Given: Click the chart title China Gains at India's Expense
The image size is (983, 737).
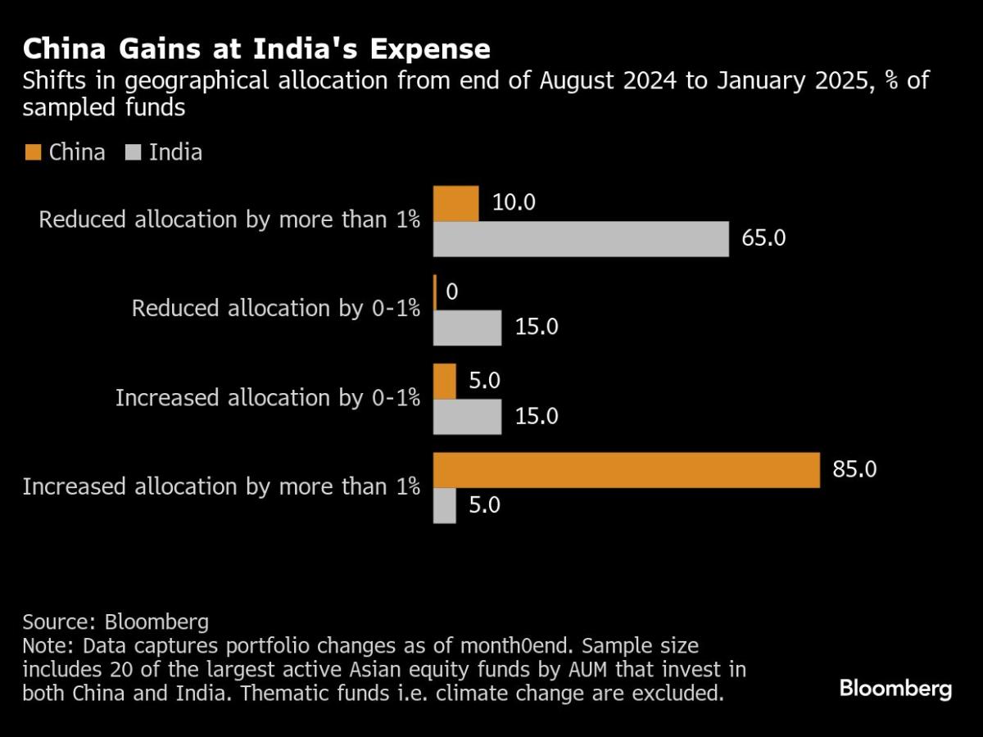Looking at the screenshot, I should tap(256, 49).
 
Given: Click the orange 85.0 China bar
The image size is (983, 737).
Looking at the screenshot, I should tap(626, 470).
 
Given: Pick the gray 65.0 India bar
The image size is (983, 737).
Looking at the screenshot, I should tap(580, 239).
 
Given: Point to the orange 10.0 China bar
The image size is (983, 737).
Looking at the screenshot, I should tap(455, 204).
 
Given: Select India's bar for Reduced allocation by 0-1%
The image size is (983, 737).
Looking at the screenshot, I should tap(467, 328).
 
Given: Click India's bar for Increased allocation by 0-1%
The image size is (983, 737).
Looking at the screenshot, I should tap(467, 417).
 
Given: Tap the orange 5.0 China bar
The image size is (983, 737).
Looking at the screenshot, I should tap(444, 382).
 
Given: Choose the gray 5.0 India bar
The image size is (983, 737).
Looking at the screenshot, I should tap(444, 505).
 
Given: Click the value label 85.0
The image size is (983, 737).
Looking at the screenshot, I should tap(854, 470).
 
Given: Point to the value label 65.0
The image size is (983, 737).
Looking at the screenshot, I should tap(763, 239).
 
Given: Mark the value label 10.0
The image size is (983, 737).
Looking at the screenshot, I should tap(514, 203).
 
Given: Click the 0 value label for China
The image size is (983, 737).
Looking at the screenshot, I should tap(451, 292).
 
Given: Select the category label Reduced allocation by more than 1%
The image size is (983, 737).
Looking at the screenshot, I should tap(229, 221).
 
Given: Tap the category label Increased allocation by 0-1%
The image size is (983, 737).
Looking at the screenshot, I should tap(267, 398).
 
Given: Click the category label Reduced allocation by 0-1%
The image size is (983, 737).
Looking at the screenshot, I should tap(276, 309).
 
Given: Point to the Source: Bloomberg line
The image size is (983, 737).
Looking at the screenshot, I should tap(116, 621).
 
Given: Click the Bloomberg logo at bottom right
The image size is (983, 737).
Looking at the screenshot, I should tap(895, 689).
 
